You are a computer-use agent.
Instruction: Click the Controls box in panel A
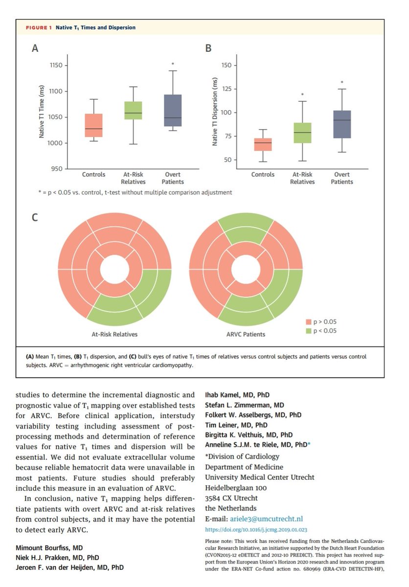(93, 126)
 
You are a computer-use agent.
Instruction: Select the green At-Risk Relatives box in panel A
(133, 111)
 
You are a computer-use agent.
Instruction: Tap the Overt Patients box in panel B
(342, 124)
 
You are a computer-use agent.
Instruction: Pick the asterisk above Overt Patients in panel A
(173, 64)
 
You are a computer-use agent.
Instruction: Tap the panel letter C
(35, 217)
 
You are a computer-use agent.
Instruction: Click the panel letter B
(208, 48)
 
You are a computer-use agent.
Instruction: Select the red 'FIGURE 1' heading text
(38, 28)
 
